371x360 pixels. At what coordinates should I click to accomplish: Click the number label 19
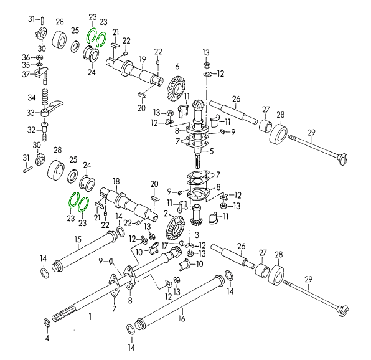[143, 60]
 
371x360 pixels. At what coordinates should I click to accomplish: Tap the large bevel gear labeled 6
[176, 88]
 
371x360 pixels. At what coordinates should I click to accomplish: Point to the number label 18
[116, 181]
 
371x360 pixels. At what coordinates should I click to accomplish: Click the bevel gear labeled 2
[176, 228]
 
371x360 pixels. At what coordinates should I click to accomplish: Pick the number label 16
[182, 318]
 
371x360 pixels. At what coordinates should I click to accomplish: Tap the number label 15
[78, 239]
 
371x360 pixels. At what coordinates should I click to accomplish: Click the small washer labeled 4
[47, 323]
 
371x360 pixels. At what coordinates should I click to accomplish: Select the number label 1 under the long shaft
[90, 316]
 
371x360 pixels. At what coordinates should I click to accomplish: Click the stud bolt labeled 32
[44, 131]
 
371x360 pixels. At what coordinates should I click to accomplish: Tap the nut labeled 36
[39, 57]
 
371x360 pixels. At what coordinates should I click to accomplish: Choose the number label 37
[26, 75]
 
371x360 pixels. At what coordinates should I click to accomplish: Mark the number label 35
[26, 65]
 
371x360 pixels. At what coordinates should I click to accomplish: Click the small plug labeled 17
[182, 243]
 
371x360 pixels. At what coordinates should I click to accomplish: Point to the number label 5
[211, 151]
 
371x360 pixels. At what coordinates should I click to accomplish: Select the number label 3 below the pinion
[197, 235]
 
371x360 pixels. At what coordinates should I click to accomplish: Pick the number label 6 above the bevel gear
[177, 67]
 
